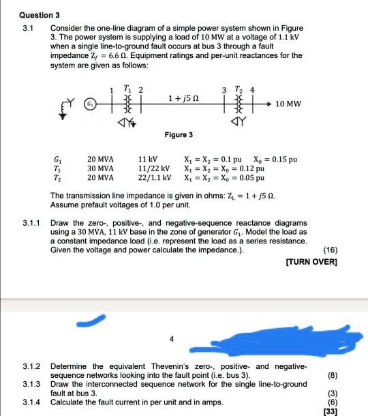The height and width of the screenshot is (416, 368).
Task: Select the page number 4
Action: point(172,338)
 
